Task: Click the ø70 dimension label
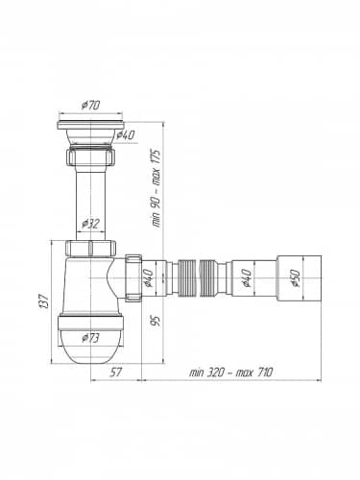click(x=91, y=106)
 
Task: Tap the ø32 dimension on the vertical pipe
click(x=91, y=223)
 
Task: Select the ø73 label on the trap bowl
click(x=90, y=338)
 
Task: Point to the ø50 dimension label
click(x=295, y=278)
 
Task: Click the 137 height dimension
click(x=44, y=300)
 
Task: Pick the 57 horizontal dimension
click(x=116, y=372)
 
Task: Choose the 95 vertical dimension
click(x=156, y=321)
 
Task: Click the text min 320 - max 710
click(x=231, y=372)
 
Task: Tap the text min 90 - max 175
click(x=156, y=188)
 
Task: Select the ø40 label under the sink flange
click(x=126, y=135)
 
